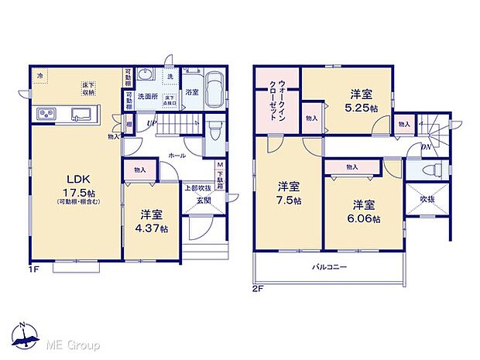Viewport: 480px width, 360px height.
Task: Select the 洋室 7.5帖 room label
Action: pyautogui.click(x=288, y=193)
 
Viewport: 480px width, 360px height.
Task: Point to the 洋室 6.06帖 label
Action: pyautogui.click(x=364, y=212)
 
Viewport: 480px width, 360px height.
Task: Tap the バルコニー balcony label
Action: pyautogui.click(x=329, y=267)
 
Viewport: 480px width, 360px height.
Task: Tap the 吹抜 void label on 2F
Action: pyautogui.click(x=427, y=198)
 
